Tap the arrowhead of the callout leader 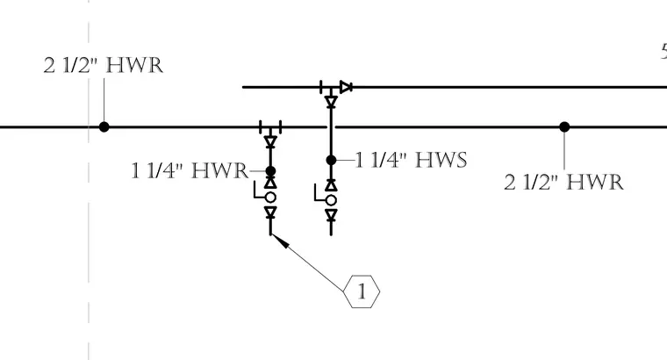pos(280,241)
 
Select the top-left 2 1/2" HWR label pos(104,66)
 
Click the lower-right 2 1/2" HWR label pos(564,182)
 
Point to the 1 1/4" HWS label pos(411,160)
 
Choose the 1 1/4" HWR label pos(190,170)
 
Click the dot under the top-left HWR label pos(104,126)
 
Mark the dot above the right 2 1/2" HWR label pos(564,126)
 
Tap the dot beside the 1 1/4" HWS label pos(332,160)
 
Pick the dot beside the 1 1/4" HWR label pos(270,171)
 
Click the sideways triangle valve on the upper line pos(346,87)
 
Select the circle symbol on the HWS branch pos(332,200)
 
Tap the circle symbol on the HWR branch pos(270,198)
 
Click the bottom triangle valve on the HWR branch pos(270,212)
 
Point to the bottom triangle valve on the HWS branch pos(332,215)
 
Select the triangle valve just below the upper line pos(332,102)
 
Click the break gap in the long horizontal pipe pos(331,126)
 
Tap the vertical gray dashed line pos(89,180)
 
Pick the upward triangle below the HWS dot pos(332,185)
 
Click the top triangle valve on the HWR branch pos(270,141)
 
